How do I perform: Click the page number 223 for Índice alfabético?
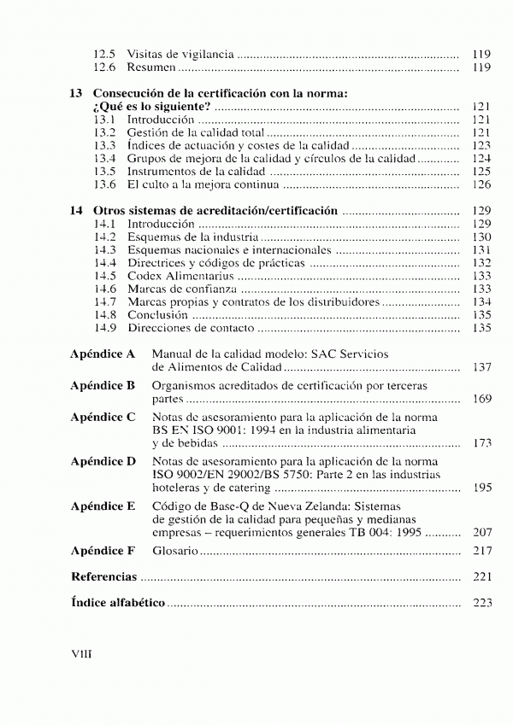click(482, 603)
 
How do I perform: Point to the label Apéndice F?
click(103, 551)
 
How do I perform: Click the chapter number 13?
click(75, 94)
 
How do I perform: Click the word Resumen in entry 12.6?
click(151, 67)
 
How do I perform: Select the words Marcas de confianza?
click(183, 289)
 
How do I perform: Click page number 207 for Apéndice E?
click(482, 531)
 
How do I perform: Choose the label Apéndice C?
click(103, 417)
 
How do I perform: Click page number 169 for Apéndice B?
click(482, 399)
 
